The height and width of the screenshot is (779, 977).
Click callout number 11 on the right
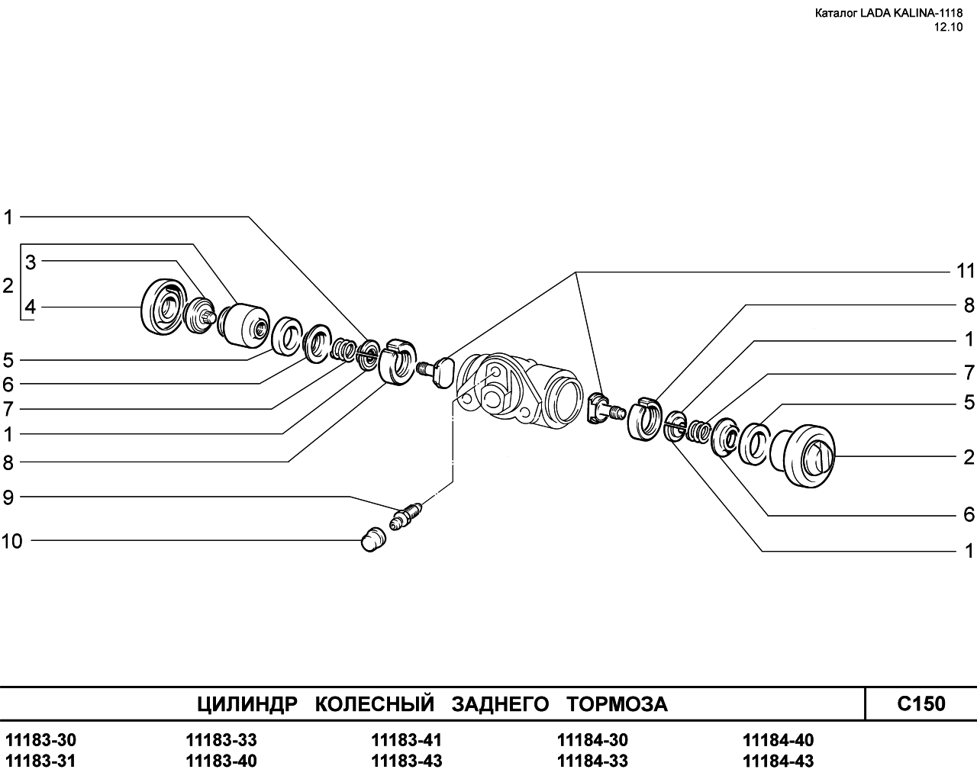click(x=966, y=271)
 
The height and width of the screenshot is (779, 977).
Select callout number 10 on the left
click(x=11, y=541)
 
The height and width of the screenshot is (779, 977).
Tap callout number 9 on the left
click(x=8, y=497)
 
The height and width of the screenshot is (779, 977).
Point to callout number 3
click(x=31, y=262)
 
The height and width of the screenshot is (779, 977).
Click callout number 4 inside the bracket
click(x=30, y=307)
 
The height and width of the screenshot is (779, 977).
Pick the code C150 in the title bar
click(x=921, y=703)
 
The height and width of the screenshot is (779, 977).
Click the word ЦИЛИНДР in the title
click(x=247, y=704)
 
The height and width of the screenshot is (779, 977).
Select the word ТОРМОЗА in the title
click(x=617, y=704)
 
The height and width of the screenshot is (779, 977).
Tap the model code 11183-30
click(x=41, y=740)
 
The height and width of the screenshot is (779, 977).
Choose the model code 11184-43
click(x=778, y=761)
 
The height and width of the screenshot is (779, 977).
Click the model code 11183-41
click(x=406, y=740)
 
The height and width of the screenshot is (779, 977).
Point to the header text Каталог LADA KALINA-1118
click(x=889, y=13)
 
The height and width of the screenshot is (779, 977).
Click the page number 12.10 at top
click(x=948, y=27)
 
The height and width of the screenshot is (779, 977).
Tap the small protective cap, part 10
click(x=373, y=539)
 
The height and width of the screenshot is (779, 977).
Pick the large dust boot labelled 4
click(x=163, y=307)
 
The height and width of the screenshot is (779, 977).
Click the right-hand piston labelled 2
click(x=802, y=455)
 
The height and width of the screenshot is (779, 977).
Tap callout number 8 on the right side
click(x=969, y=305)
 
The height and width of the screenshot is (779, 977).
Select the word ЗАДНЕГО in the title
click(x=500, y=704)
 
